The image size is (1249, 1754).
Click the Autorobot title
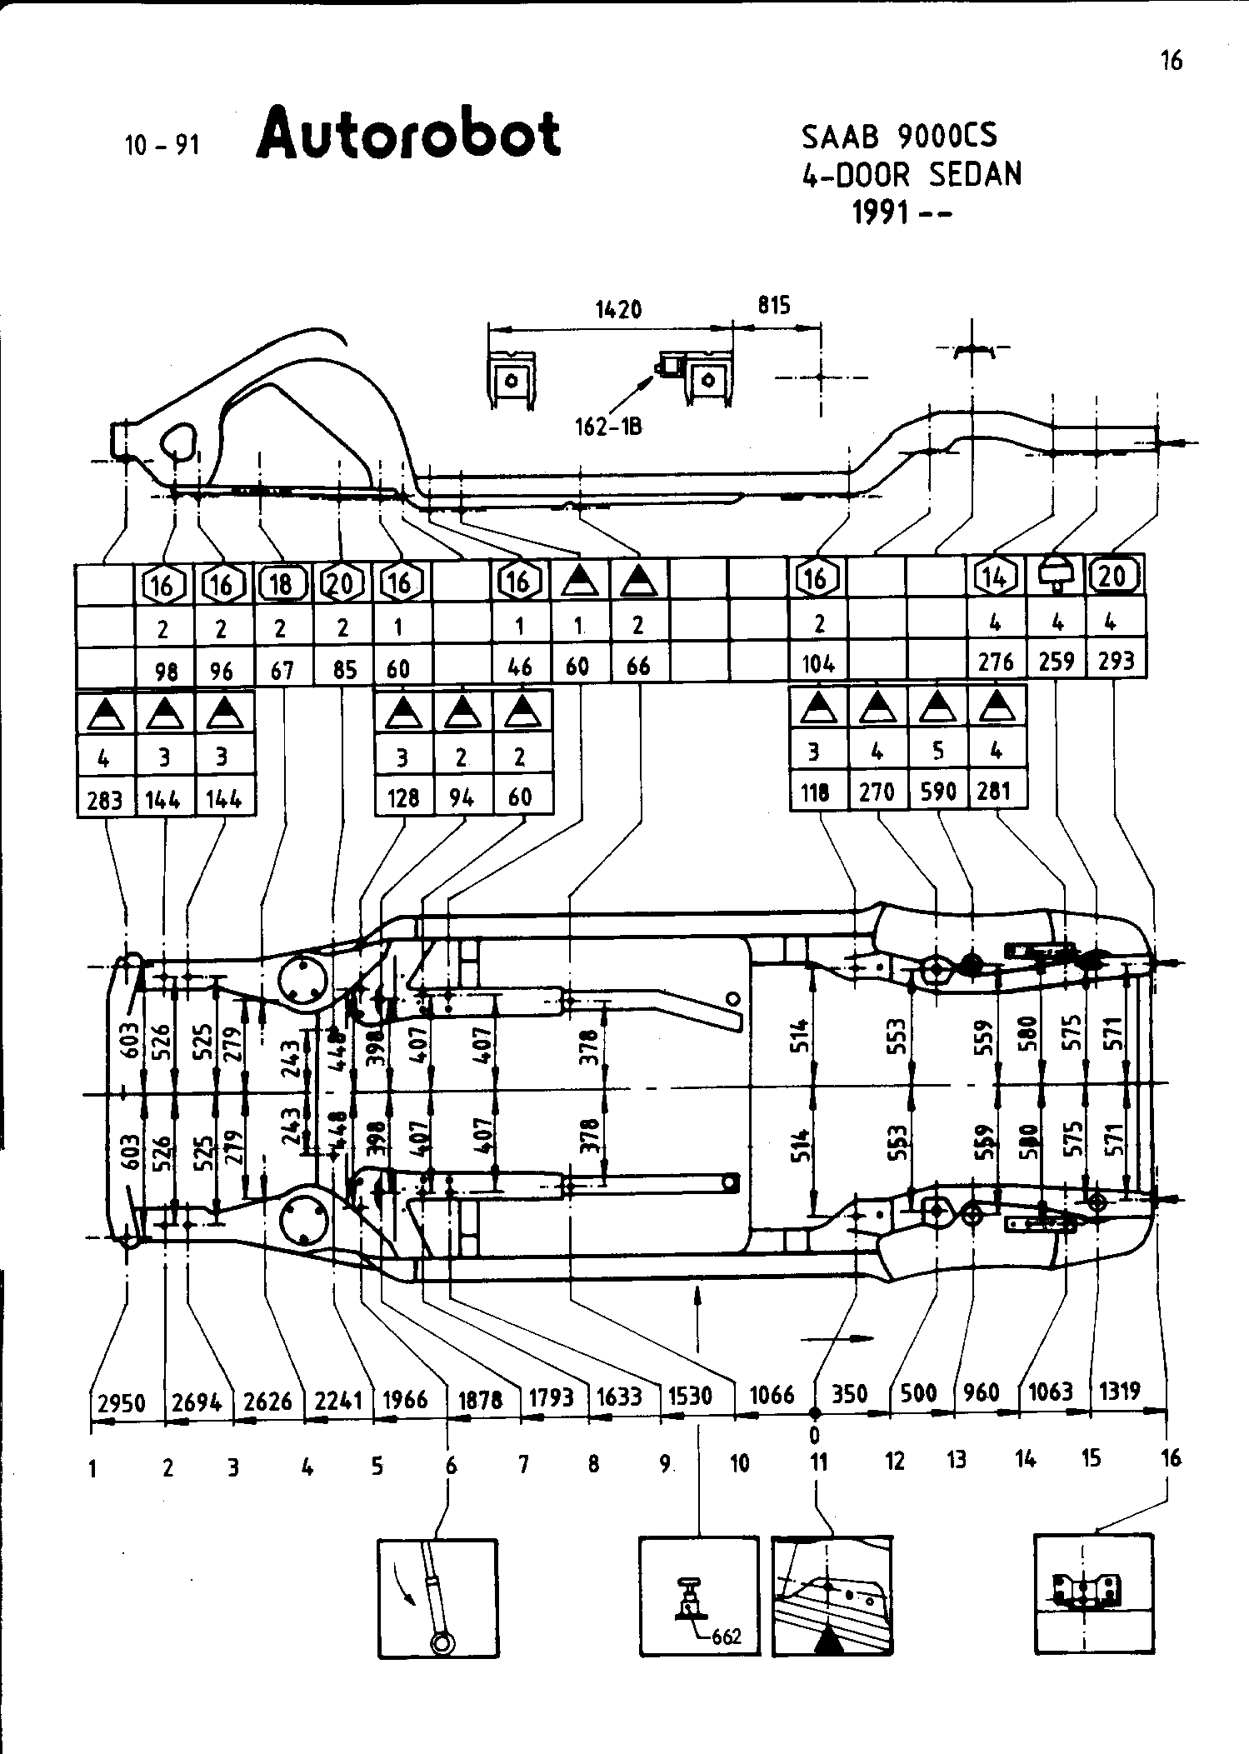point(408,135)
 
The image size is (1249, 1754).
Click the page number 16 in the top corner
point(1171,61)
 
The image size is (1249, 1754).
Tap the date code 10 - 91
point(162,146)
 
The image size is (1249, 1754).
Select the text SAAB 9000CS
point(899,136)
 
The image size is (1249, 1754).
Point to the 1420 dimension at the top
point(618,310)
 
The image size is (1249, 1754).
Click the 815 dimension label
point(773,306)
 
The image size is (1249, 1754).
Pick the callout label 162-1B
point(607,427)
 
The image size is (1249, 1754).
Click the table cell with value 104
point(818,663)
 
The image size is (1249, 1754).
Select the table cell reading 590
point(938,791)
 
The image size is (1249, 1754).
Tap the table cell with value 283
point(105,800)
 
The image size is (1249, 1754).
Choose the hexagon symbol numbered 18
point(282,583)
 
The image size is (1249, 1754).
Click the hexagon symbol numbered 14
point(996,577)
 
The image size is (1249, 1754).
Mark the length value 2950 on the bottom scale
point(122,1404)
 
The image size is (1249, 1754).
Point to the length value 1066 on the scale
point(772,1395)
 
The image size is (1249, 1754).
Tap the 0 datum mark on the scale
point(815,1434)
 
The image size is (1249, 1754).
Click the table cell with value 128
point(404,797)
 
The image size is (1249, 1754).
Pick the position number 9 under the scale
point(665,1464)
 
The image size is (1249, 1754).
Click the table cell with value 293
point(1116,661)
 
